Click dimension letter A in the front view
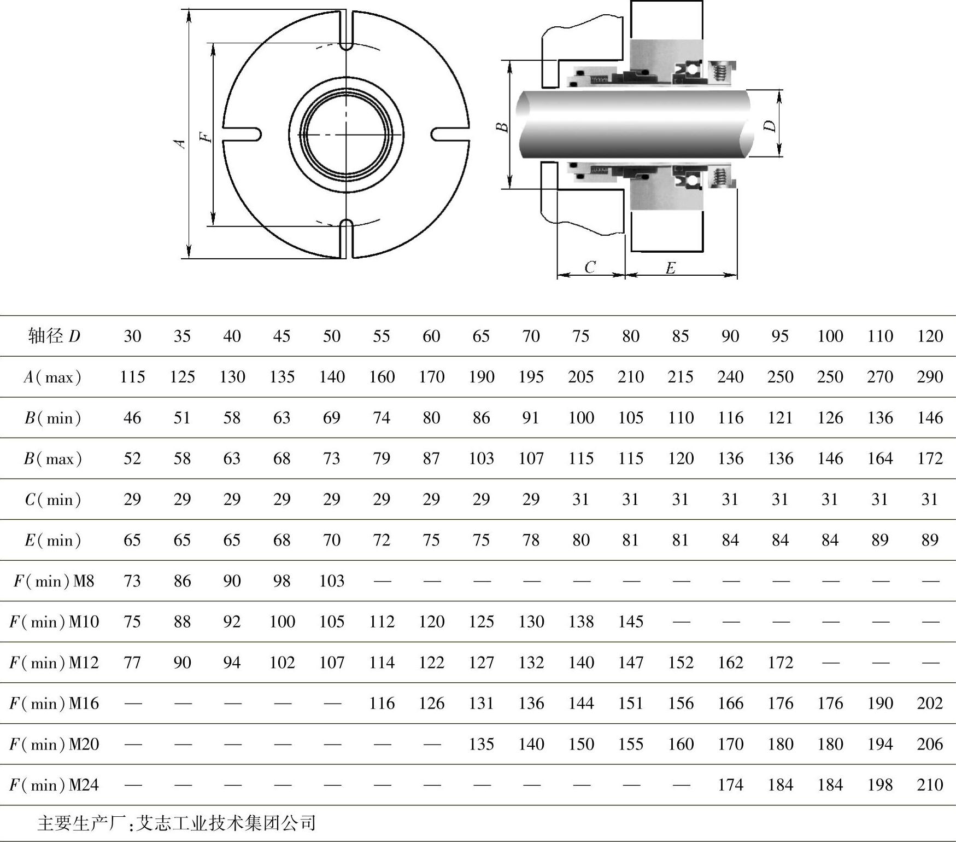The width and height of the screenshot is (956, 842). [180, 143]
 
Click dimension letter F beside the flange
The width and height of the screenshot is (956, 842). [206, 136]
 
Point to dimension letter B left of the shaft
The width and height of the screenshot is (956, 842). [502, 127]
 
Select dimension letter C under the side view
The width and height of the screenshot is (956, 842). [590, 267]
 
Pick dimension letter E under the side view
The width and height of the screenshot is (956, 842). [671, 268]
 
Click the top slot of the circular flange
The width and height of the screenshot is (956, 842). [347, 31]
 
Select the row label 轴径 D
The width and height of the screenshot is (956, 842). [54, 335]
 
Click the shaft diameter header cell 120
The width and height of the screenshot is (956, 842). [930, 335]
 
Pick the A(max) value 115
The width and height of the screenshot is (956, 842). [132, 376]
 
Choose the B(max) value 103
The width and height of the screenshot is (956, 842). [481, 458]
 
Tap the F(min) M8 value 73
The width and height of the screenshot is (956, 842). [132, 580]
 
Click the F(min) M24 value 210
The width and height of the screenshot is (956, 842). [930, 785]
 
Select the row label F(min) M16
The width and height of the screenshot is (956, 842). [54, 703]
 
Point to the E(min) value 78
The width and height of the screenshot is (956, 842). [531, 540]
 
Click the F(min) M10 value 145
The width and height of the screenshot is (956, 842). [630, 622]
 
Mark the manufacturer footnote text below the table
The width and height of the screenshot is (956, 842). [177, 823]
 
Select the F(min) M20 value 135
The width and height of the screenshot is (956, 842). [481, 744]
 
